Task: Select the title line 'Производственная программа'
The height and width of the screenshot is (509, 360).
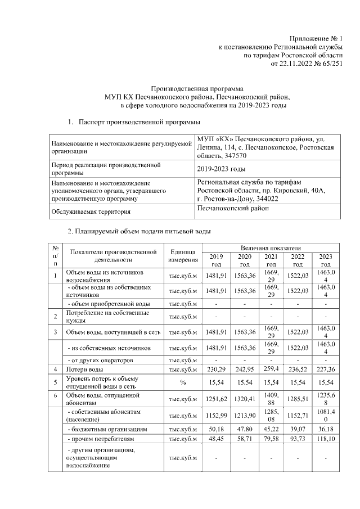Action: pos(198,88)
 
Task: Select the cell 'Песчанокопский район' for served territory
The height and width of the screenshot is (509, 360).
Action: pos(233,209)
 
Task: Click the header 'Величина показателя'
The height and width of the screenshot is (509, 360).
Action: pos(271,247)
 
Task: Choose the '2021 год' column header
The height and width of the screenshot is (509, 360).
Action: pos(271,260)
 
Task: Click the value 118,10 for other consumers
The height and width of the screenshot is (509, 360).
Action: pos(325,438)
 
